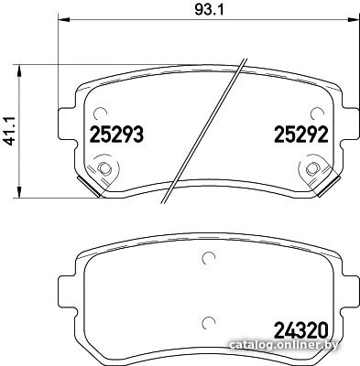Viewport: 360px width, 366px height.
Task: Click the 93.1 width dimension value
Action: click(209, 10)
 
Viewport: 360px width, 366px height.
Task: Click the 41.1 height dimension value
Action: click(10, 131)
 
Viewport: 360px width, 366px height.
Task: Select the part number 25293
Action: click(116, 135)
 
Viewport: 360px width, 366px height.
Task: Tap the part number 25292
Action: click(301, 135)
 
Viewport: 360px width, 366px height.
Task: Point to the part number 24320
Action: click(301, 330)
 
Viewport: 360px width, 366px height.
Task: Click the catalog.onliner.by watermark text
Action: click(284, 345)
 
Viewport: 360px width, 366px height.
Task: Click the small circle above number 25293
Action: click(100, 113)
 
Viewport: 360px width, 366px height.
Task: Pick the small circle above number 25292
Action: click(317, 113)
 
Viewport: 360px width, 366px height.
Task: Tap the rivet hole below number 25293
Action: click(104, 168)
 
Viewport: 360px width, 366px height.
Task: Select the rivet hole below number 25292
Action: click(312, 168)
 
